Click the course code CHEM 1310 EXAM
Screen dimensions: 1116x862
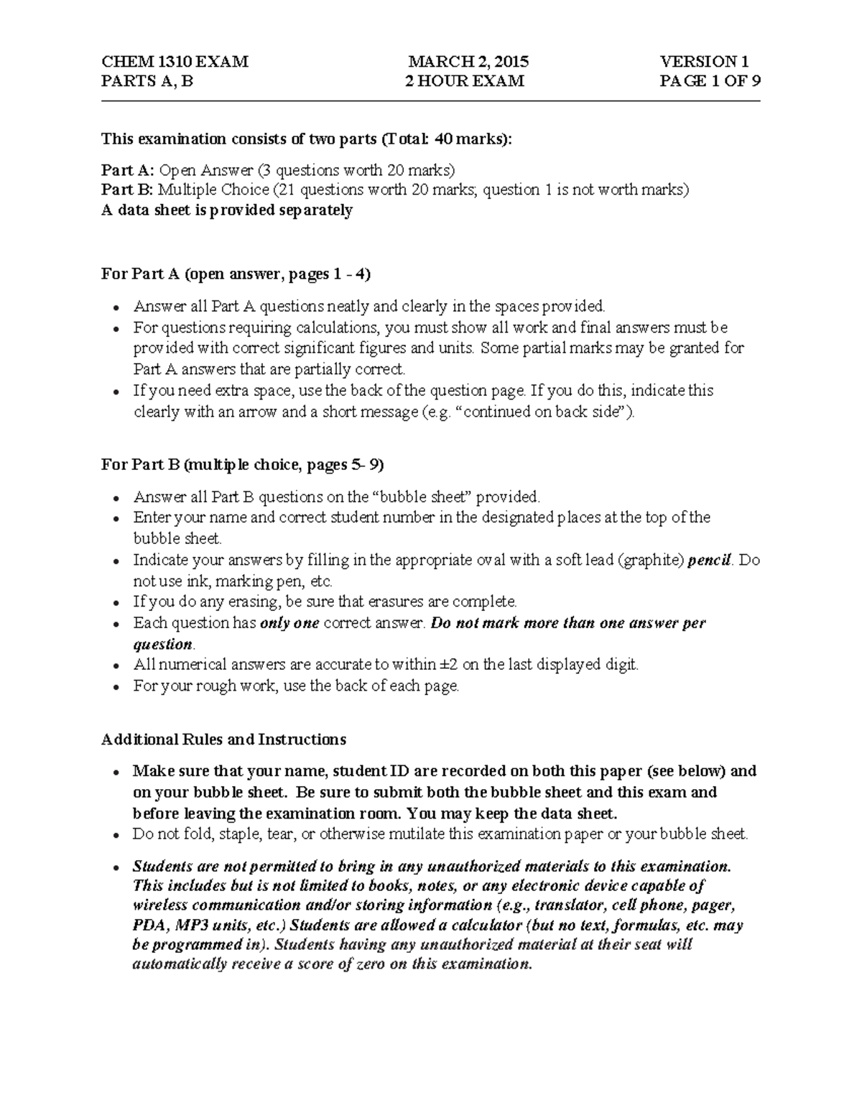(175, 62)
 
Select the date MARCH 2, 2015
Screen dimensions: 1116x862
(468, 62)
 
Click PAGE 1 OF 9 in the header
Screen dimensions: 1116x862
(710, 81)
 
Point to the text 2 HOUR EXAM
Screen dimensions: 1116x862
(465, 81)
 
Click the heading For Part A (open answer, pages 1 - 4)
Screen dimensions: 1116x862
(236, 275)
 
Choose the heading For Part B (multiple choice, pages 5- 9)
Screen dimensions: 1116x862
(243, 465)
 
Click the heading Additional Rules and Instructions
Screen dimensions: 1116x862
(223, 739)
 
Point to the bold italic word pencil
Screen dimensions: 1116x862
(709, 561)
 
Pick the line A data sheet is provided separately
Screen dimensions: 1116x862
(227, 211)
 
